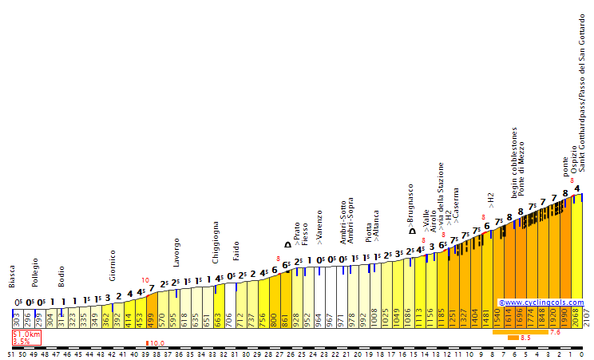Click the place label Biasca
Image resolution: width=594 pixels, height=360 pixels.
click(12, 276)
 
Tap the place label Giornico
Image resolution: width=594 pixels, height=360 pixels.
click(113, 266)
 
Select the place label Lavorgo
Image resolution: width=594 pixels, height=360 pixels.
click(176, 252)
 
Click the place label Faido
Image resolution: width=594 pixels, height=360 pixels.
click(236, 252)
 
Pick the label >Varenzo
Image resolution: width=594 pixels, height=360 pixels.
click(319, 227)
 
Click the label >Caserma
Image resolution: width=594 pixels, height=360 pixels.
click(456, 204)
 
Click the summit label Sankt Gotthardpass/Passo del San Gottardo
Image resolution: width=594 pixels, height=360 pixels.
click(583, 93)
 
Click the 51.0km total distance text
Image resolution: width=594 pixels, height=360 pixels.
click(26, 334)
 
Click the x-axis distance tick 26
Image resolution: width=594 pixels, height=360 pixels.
click(291, 354)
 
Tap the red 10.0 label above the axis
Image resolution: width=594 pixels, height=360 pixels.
click(157, 343)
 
